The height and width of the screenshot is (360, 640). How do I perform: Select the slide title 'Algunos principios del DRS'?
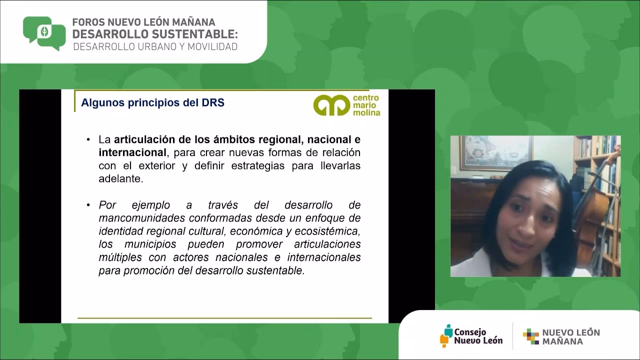152,103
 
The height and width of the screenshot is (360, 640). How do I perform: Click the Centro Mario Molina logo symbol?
331,105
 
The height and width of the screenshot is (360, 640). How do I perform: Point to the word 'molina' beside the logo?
367,113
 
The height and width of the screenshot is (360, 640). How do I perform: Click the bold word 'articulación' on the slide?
146,139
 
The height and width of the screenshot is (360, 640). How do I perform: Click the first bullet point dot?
88,140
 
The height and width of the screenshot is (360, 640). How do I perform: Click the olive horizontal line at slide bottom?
224,318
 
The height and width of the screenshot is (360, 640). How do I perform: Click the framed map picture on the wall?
495,152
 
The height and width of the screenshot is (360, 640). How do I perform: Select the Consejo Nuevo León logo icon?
446,335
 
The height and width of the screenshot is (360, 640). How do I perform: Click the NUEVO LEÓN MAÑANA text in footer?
570,337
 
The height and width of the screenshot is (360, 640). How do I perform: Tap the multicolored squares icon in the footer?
530,336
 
